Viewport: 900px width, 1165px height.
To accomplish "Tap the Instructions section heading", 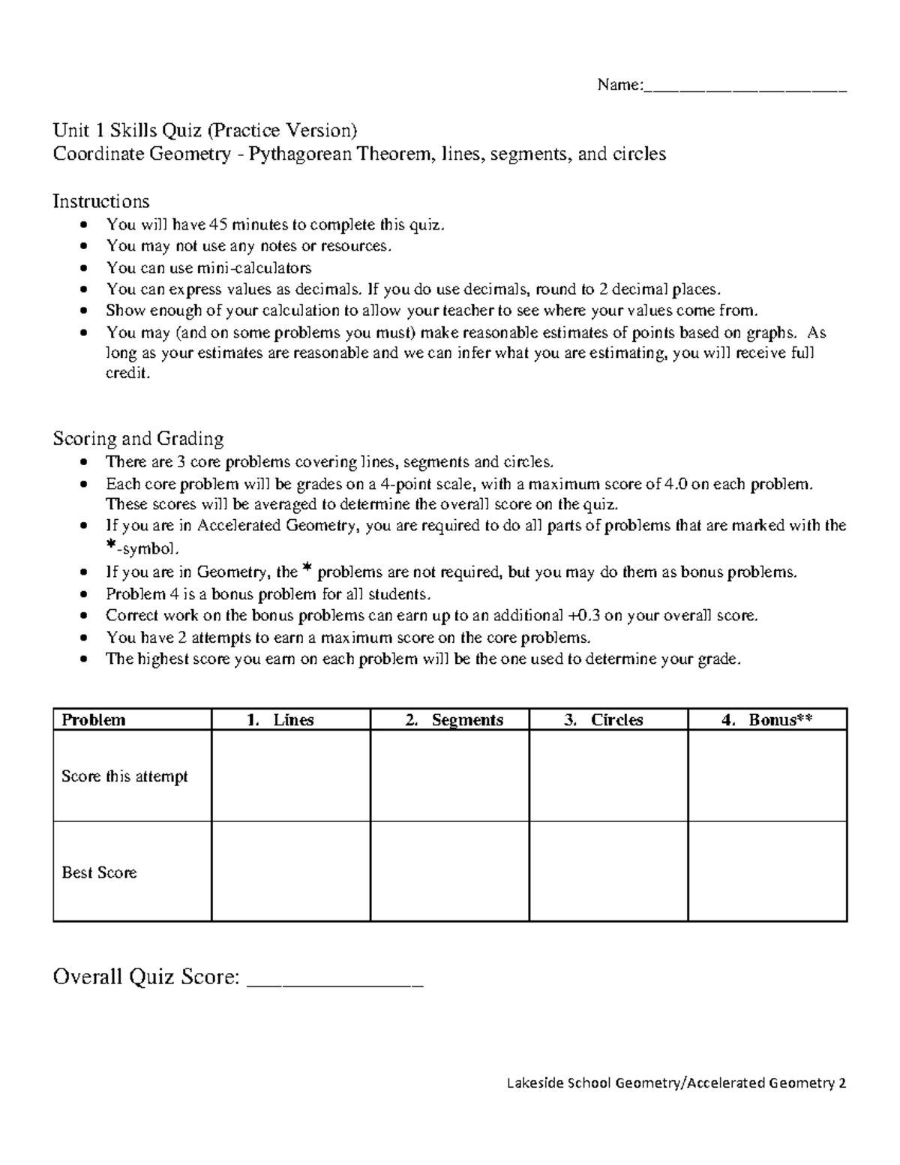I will (x=100, y=201).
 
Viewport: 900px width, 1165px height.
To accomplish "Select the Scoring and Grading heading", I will (x=138, y=438).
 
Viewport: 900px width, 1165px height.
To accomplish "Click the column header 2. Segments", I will (x=454, y=720).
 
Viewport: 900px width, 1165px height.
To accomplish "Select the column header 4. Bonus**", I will (x=767, y=720).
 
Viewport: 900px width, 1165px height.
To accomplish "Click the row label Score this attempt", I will (x=124, y=776).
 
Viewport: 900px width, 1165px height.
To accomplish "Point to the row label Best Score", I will (x=99, y=872).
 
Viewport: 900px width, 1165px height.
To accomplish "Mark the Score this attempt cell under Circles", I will (x=608, y=776).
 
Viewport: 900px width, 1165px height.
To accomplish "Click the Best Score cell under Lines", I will (x=291, y=872).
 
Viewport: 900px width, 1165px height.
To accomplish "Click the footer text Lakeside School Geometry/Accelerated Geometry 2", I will (x=676, y=1083).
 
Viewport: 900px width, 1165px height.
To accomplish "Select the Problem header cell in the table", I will (x=94, y=720).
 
